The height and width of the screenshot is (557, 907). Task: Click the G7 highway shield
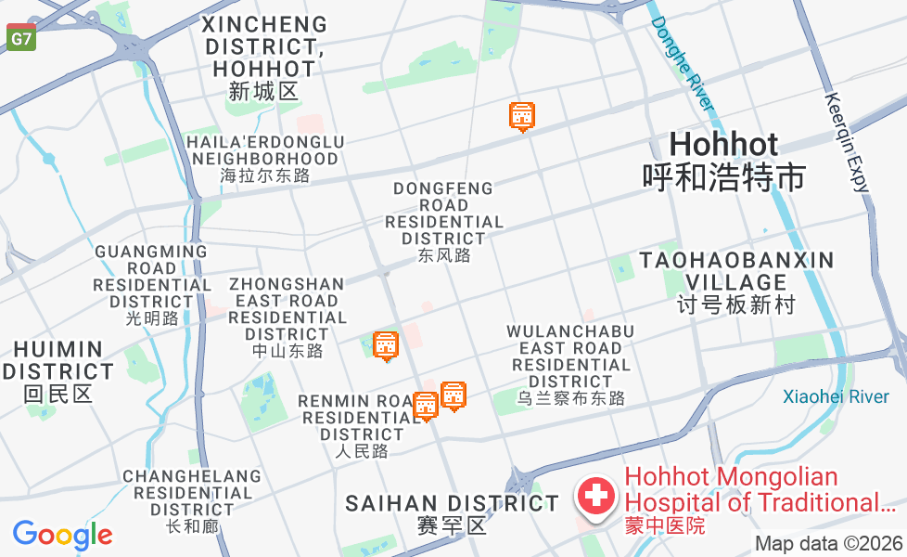[x=20, y=38]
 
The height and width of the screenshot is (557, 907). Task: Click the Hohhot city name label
[x=723, y=160]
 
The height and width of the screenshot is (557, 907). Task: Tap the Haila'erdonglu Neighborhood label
[x=265, y=159]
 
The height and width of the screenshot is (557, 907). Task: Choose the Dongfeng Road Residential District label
[x=444, y=222]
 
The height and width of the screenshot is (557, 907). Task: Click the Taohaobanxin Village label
[x=736, y=281]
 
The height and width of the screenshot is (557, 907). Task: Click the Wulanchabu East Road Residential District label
[x=570, y=365]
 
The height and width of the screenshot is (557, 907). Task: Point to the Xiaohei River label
[x=836, y=397]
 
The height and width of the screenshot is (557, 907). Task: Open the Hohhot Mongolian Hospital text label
[x=759, y=500]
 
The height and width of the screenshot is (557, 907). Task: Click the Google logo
[x=62, y=535]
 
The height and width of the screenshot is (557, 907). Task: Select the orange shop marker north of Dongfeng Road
[x=523, y=116]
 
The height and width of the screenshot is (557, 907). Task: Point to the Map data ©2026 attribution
[x=828, y=543]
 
